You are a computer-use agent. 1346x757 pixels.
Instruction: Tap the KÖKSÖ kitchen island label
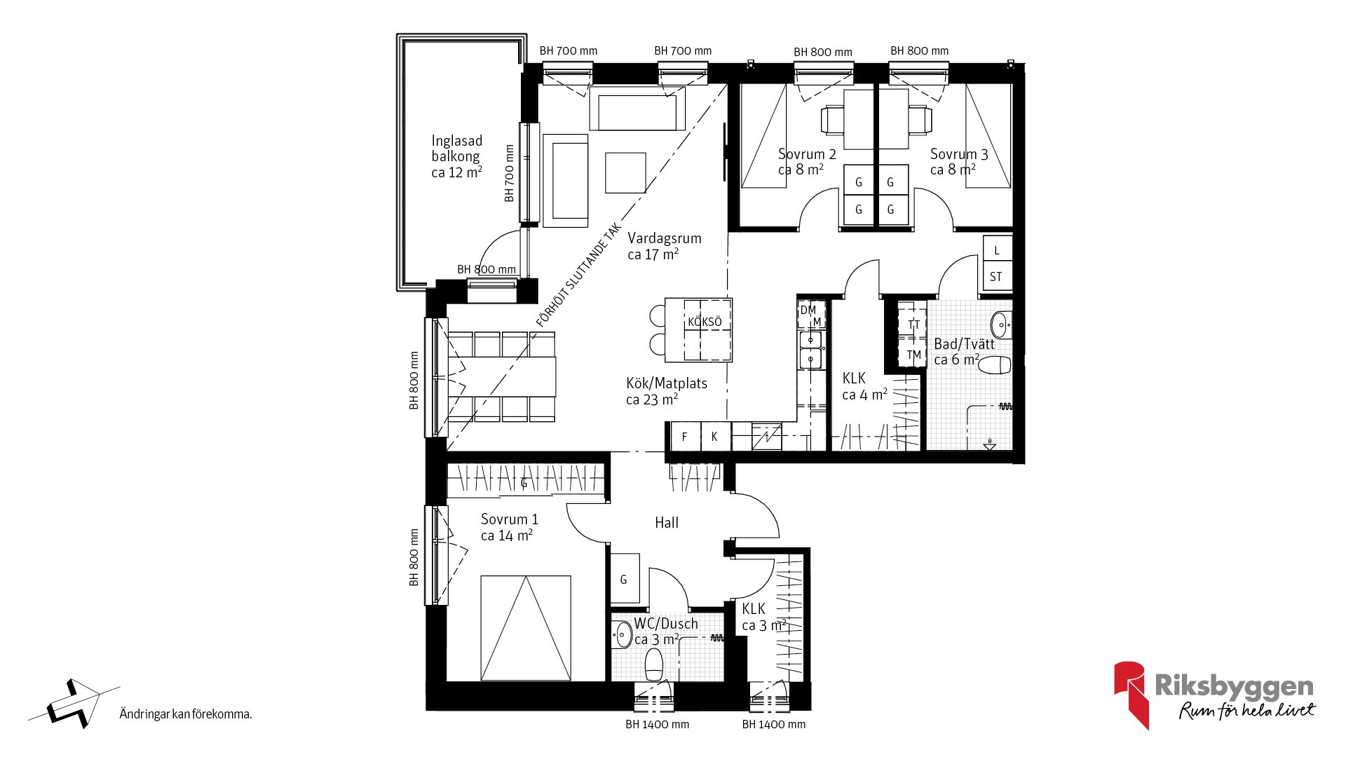click(x=705, y=322)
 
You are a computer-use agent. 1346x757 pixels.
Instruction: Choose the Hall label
click(x=667, y=523)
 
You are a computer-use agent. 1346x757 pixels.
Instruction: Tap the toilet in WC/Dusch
click(x=654, y=664)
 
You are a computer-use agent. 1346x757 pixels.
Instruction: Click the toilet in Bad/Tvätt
click(x=994, y=365)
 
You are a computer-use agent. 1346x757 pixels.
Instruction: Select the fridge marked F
click(x=685, y=437)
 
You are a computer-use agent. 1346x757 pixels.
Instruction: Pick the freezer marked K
click(x=715, y=437)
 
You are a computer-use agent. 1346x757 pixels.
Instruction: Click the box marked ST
click(x=997, y=277)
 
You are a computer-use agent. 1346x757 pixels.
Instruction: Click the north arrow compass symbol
click(x=74, y=703)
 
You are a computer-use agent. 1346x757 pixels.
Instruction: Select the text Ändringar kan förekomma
click(x=186, y=714)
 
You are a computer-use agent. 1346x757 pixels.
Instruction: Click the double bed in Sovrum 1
click(x=526, y=628)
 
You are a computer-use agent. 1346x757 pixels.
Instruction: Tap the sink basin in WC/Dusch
click(x=623, y=635)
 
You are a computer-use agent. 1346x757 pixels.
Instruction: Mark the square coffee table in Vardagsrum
click(x=625, y=172)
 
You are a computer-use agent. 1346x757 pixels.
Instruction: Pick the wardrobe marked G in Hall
click(x=624, y=579)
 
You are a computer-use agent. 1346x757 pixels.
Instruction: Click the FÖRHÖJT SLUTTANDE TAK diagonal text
click(x=579, y=275)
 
